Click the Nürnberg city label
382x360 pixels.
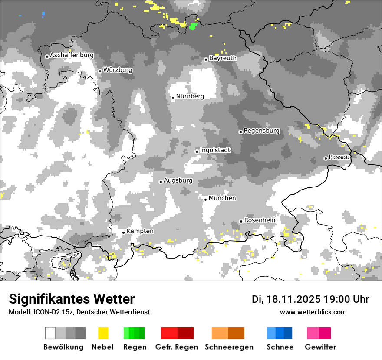pos(190,96)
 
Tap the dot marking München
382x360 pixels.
pos(206,200)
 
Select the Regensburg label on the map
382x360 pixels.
pos(261,131)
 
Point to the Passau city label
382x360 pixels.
pos(339,157)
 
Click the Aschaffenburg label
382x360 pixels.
pos(72,55)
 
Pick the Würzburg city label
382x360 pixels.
pos(118,70)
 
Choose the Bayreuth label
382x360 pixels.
pos(223,58)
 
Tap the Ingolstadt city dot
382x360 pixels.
pos(197,151)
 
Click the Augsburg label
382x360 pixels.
pos(178,180)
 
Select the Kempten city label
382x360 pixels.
pos(140,231)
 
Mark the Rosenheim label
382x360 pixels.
pos(260,220)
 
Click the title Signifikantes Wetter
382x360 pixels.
pos(72,299)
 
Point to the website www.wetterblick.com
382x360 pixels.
pos(313,312)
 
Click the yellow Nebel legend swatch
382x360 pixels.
pos(103,333)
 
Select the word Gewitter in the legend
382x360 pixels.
pos(320,347)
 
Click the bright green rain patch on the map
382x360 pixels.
pos(193,26)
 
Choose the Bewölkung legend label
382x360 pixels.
pos(63,347)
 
